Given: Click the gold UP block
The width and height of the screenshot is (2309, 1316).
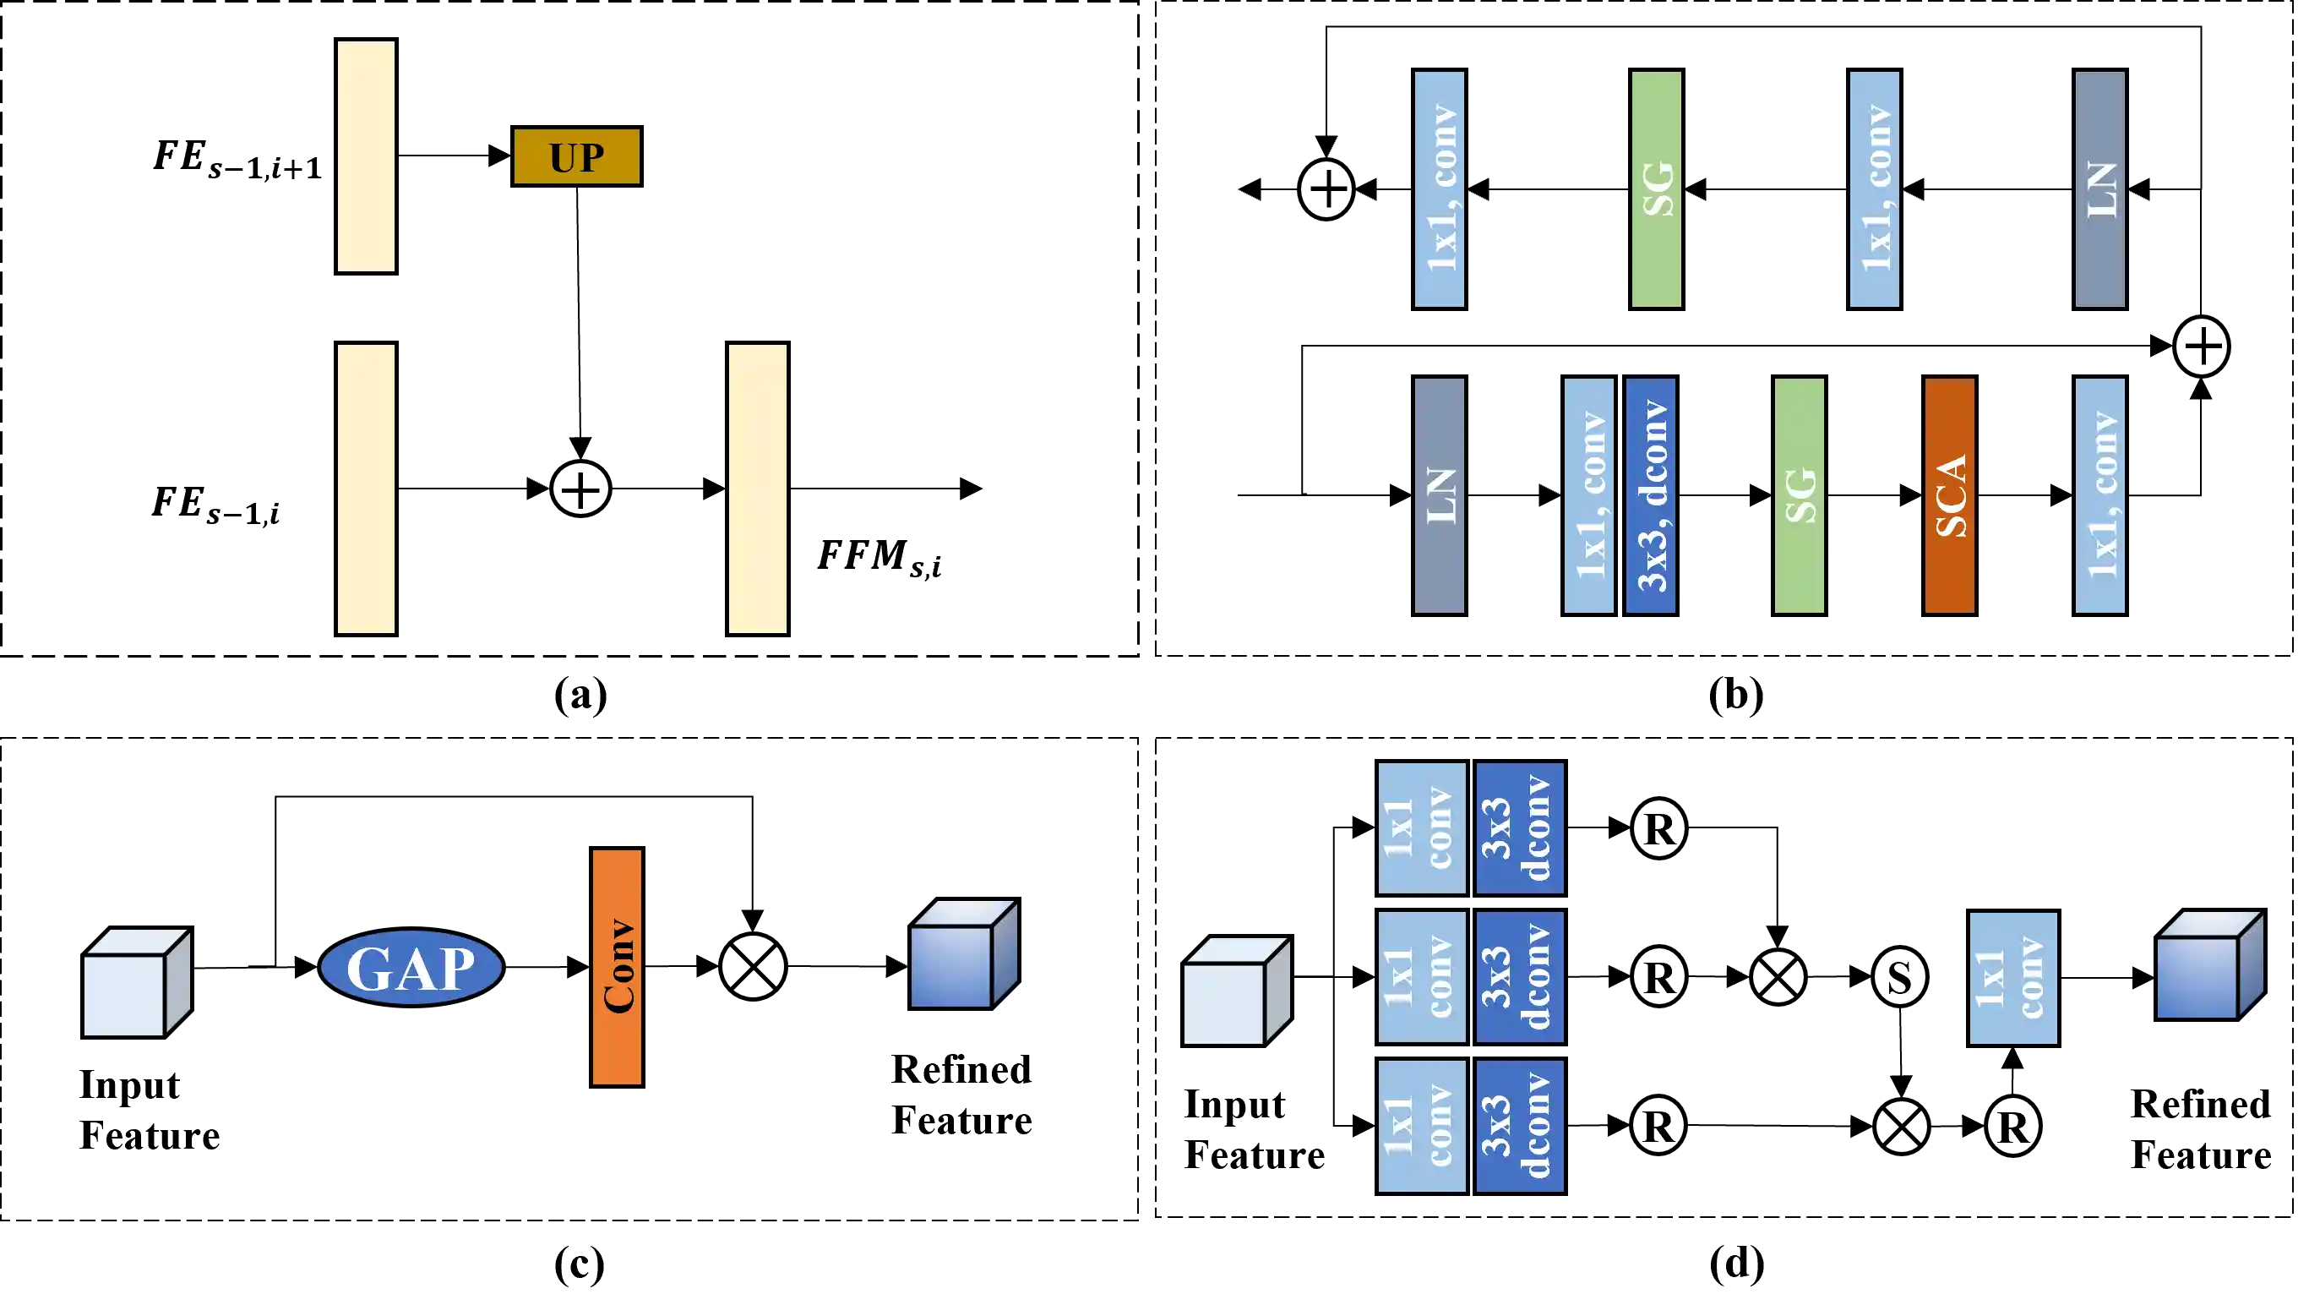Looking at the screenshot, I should tap(576, 156).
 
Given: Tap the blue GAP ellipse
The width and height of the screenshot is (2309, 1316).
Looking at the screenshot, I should tap(411, 967).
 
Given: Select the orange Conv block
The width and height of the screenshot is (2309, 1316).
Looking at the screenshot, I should tap(617, 966).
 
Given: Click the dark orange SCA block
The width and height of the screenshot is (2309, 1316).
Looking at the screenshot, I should tap(1949, 495).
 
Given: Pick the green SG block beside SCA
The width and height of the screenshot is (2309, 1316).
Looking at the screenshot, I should tap(1799, 495).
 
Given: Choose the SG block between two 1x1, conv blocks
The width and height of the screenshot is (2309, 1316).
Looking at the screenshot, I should tap(1656, 188).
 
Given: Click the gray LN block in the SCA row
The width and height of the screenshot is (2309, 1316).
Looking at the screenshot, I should tap(1439, 495).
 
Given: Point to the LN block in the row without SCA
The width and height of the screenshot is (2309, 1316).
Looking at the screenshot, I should tap(2099, 188).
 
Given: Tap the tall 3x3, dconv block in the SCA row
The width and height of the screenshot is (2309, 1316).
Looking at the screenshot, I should tap(1651, 495).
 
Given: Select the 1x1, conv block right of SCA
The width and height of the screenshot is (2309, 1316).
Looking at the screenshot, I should tap(2099, 495).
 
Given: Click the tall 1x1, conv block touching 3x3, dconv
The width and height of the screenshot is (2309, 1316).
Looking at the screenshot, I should tap(1588, 495).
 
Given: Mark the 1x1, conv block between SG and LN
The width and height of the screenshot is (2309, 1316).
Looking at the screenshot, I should tap(1874, 188).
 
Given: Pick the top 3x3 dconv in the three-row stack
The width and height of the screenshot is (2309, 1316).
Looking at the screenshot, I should tap(1519, 828).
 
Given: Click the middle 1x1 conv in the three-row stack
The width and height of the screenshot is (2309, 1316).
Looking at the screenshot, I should tap(1421, 977).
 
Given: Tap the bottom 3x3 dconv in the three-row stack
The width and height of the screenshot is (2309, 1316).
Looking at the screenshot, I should tap(1519, 1126).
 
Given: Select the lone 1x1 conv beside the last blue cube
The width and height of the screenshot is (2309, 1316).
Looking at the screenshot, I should tap(2012, 978).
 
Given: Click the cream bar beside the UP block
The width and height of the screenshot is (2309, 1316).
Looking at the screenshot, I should tap(366, 156).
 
